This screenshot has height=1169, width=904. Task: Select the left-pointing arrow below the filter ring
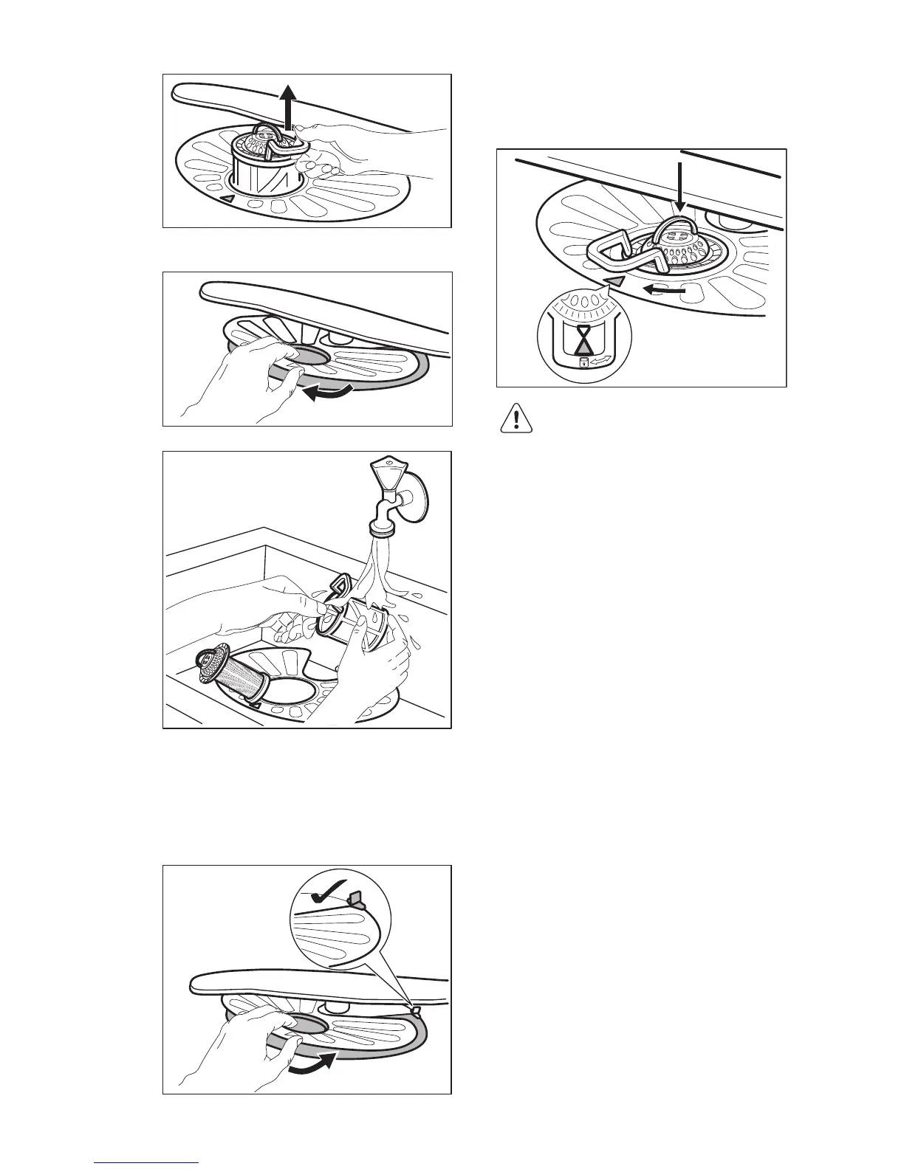pyautogui.click(x=662, y=291)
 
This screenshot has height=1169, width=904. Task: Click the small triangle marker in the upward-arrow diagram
pyautogui.click(x=229, y=199)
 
